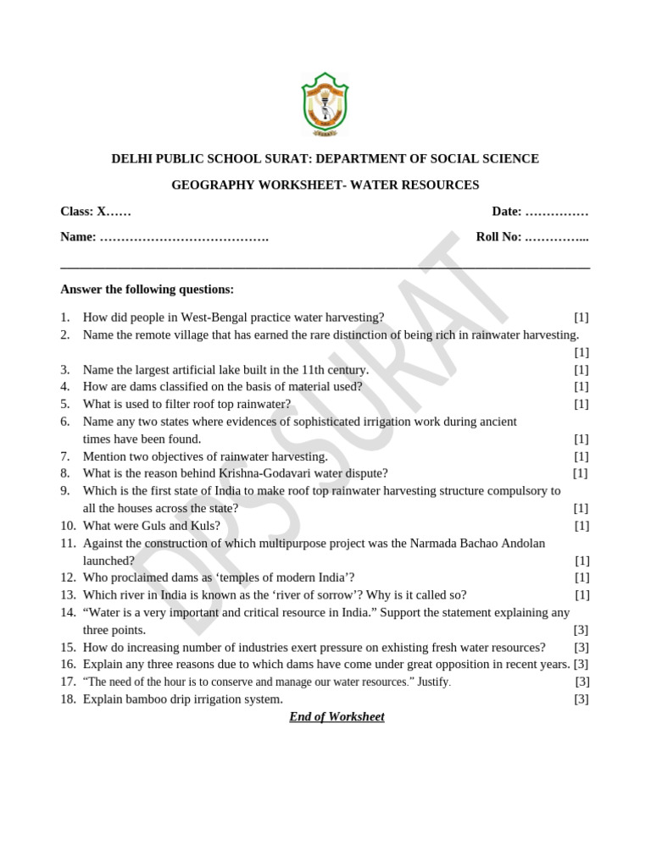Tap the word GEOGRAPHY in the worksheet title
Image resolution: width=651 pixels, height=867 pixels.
pyautogui.click(x=209, y=185)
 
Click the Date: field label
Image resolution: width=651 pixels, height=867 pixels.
pyautogui.click(x=507, y=211)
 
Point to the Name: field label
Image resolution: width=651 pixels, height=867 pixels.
pyautogui.click(x=78, y=237)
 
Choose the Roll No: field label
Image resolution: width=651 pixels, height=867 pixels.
pyautogui.click(x=499, y=237)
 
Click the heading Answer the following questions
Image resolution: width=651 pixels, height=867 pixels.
pyautogui.click(x=147, y=290)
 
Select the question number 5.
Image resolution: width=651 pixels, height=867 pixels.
pyautogui.click(x=64, y=404)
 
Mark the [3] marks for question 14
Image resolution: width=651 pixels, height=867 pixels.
pyautogui.click(x=581, y=630)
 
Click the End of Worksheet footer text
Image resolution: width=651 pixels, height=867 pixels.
pyautogui.click(x=337, y=717)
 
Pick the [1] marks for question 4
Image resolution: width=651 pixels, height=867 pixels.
pyautogui.click(x=581, y=387)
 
